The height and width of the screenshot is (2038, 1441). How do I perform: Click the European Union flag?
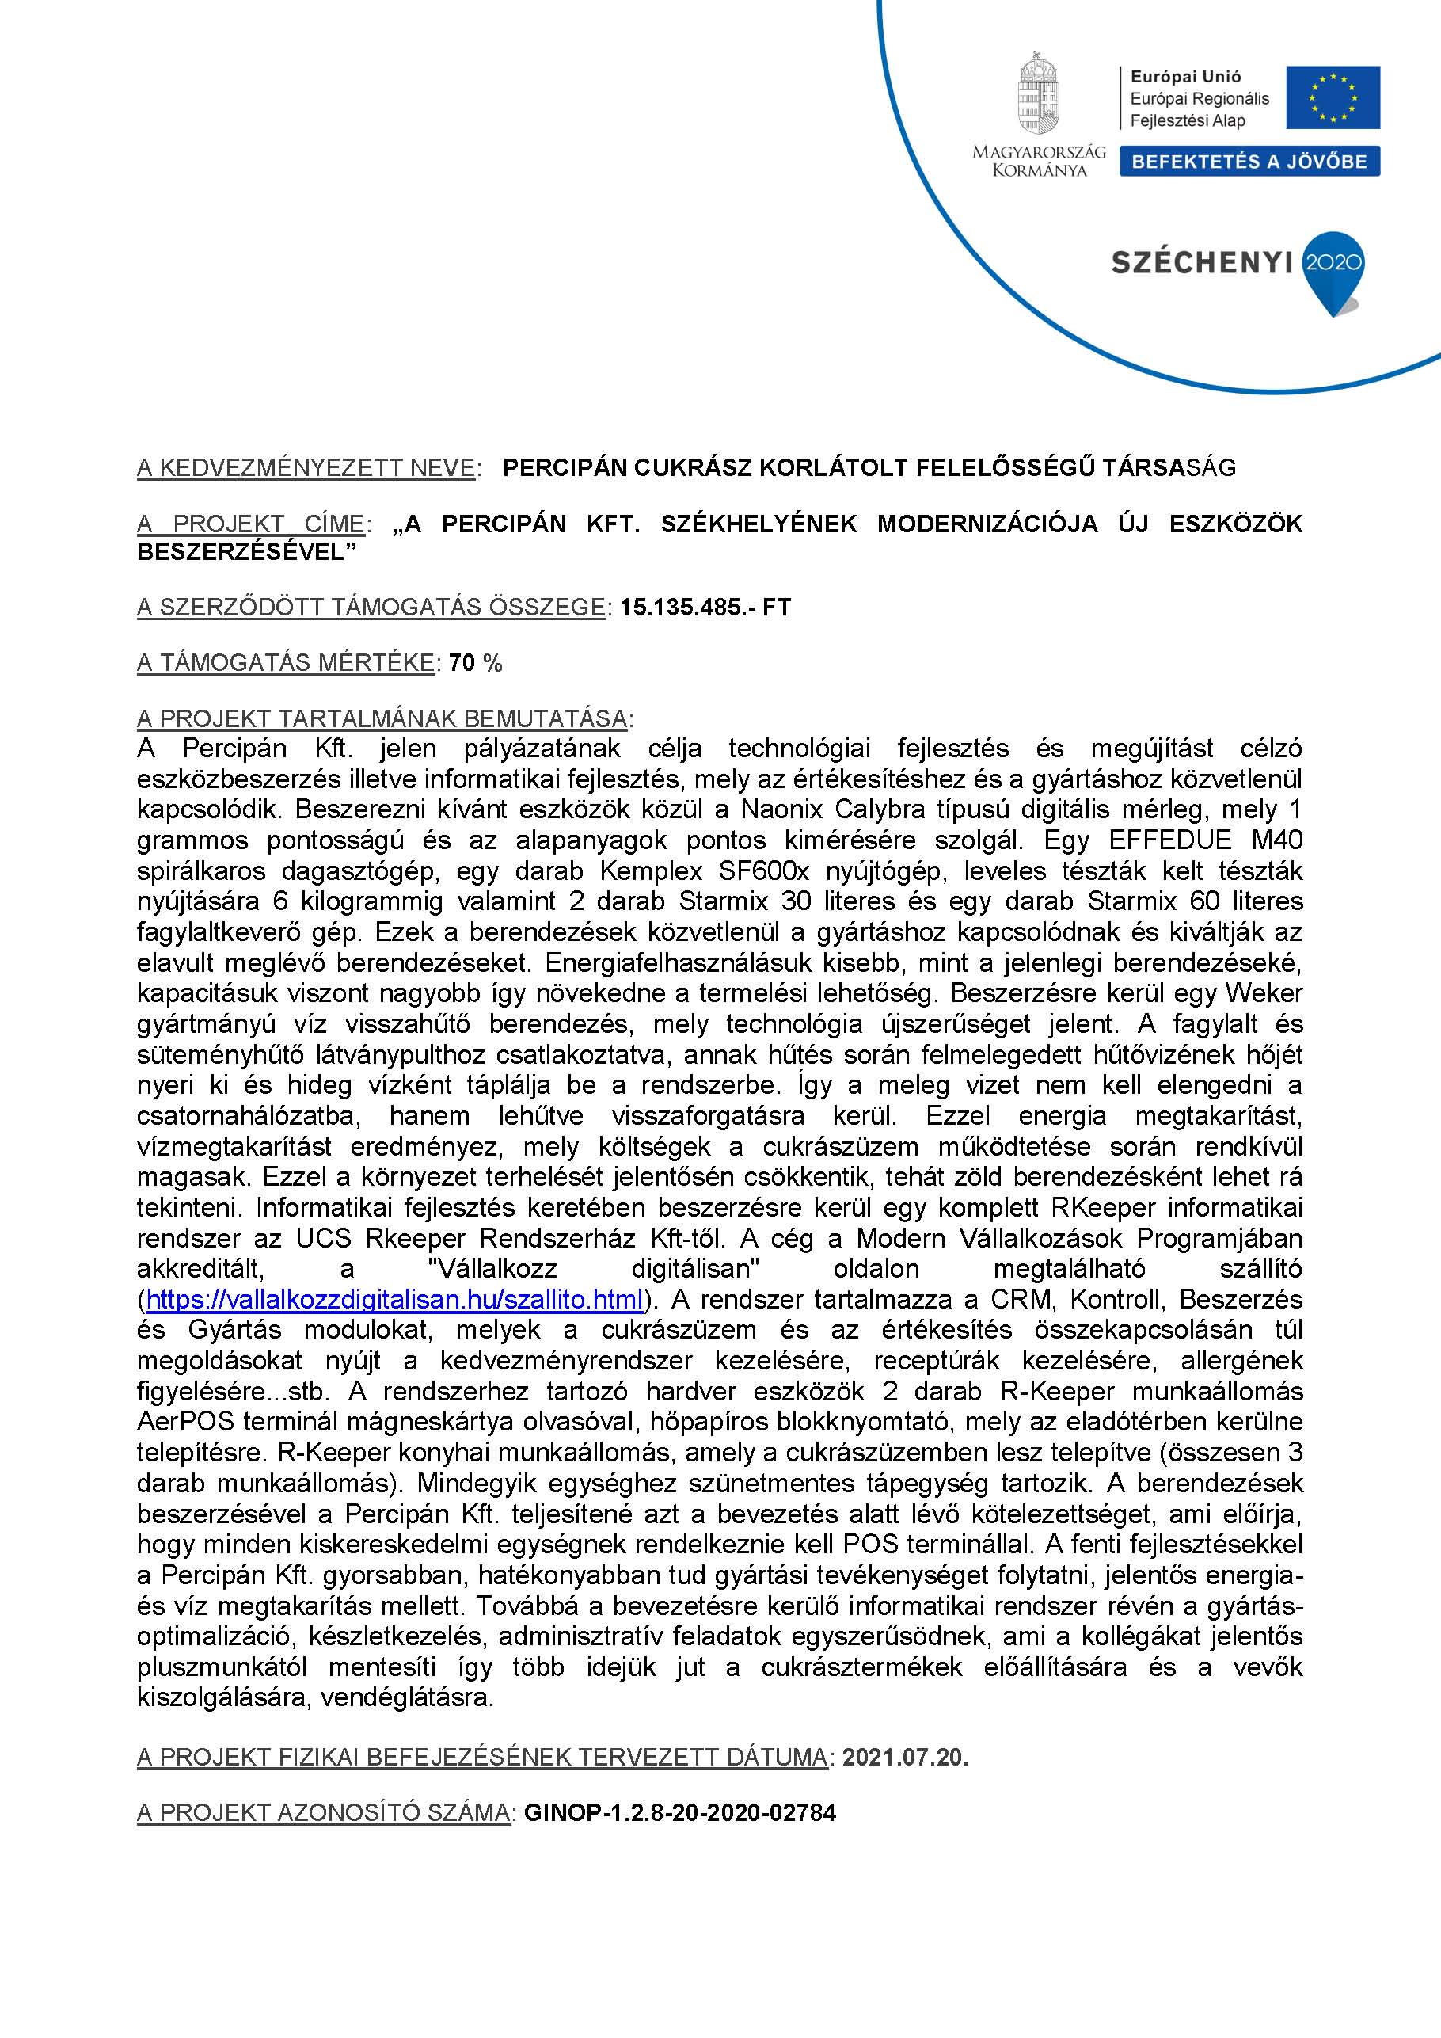(1333, 97)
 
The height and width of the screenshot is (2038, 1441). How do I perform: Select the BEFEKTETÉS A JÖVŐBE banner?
(1249, 162)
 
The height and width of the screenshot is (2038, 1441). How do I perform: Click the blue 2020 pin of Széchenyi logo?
(1332, 266)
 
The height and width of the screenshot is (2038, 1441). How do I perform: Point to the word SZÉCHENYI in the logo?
(1200, 263)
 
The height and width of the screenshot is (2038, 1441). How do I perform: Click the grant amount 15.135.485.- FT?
(705, 608)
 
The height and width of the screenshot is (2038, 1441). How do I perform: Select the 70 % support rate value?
(476, 663)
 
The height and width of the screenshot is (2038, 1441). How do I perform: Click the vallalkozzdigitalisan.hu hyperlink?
(394, 1301)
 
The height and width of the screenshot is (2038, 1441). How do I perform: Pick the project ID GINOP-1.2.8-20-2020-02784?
(679, 1812)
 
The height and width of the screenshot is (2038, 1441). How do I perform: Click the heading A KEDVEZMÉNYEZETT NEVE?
(306, 468)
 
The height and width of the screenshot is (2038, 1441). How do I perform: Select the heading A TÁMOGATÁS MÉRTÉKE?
(286, 663)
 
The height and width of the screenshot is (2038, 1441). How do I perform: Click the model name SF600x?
(764, 870)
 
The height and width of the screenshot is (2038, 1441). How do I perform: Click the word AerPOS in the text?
(185, 1422)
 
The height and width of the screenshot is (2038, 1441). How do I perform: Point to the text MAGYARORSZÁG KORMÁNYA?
(1039, 161)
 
